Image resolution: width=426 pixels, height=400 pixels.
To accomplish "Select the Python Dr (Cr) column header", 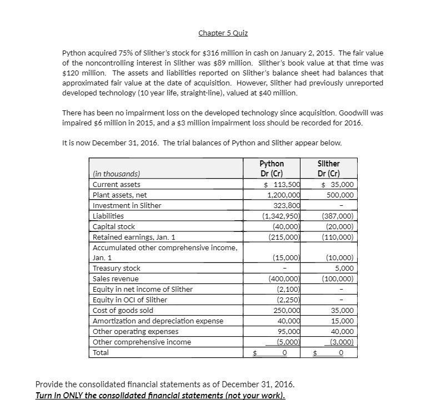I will click(272, 168).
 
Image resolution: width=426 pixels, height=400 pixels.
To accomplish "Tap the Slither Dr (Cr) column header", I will click(328, 168).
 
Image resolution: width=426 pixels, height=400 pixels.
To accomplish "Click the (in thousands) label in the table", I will click(116, 173).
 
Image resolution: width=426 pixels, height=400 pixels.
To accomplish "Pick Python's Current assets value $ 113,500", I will click(283, 184).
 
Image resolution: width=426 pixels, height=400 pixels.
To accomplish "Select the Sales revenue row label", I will click(116, 279).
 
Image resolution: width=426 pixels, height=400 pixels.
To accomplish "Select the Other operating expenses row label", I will click(128, 331).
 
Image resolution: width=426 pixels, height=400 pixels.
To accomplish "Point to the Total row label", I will click(101, 352).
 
